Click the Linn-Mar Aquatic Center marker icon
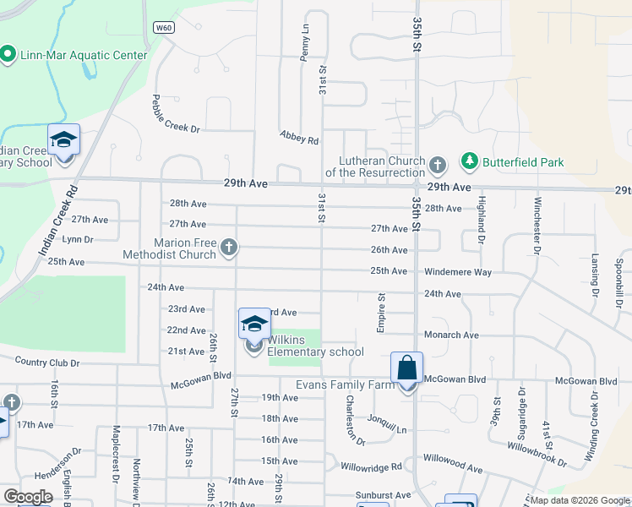point(8,55)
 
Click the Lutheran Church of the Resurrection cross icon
point(437,163)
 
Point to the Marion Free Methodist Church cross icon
point(228,248)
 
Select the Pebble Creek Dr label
point(176,113)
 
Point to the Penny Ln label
point(304,43)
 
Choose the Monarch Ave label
point(451,335)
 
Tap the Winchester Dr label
point(537,225)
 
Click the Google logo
point(28,497)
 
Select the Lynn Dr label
point(77,240)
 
